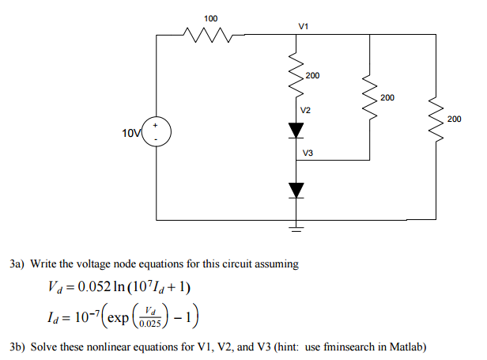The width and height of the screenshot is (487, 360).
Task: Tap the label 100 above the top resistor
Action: tap(211, 17)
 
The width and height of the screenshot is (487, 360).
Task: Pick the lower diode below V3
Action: tap(296, 189)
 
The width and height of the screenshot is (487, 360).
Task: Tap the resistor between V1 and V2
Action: tap(296, 77)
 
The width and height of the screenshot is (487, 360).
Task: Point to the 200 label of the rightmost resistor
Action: tap(454, 119)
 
